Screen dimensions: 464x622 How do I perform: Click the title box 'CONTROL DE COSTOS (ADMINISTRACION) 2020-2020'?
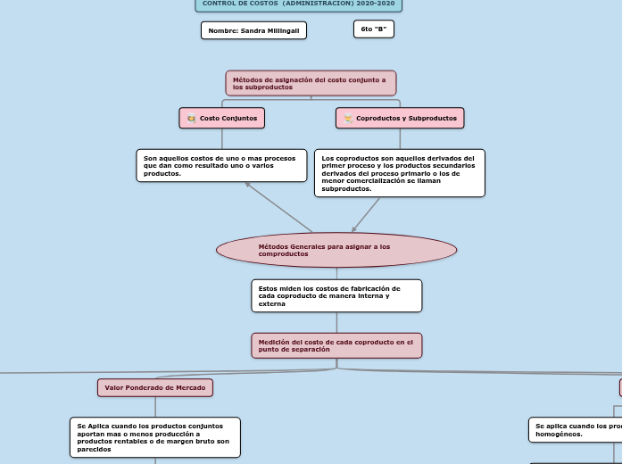pos(298,4)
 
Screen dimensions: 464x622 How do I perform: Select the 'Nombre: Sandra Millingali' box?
pos(253,30)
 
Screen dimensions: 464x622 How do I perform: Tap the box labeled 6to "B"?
pos(373,29)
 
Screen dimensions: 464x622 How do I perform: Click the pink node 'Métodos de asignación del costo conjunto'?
pos(310,83)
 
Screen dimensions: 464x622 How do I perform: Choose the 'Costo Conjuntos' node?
pos(222,118)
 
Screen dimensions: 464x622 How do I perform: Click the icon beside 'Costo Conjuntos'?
pos(191,118)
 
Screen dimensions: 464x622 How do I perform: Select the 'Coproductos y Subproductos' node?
pos(400,118)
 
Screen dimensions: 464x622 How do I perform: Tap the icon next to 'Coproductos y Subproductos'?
pos(347,118)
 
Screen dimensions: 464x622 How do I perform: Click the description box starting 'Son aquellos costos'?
pos(221,165)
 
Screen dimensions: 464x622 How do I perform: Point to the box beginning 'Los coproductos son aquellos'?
pos(399,172)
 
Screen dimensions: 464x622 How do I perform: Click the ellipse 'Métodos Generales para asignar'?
pos(336,250)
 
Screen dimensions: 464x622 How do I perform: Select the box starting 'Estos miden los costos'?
pos(336,295)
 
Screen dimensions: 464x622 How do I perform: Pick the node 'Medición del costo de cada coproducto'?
pos(336,345)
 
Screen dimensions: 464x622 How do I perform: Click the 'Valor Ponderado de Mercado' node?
pos(155,387)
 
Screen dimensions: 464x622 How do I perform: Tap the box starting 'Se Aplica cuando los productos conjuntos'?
pos(155,437)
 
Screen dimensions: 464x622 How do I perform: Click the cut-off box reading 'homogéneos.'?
pos(575,430)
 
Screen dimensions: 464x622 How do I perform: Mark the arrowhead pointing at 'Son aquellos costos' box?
pos(248,185)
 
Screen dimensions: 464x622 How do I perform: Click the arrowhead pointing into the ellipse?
pos(354,229)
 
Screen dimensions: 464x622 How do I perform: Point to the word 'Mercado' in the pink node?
pos(190,387)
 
